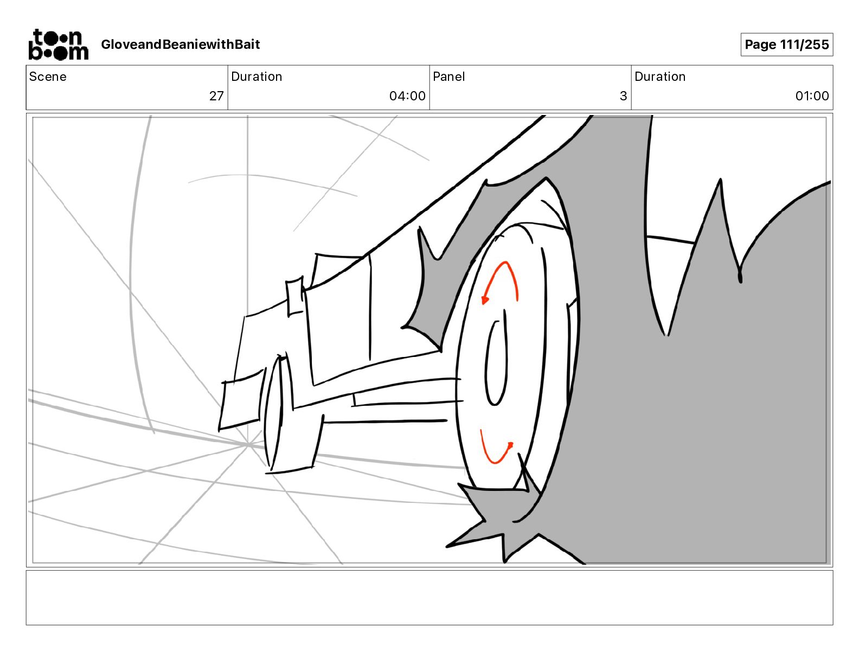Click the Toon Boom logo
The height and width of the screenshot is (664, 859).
(x=58, y=44)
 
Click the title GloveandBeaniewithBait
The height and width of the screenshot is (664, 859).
(x=180, y=44)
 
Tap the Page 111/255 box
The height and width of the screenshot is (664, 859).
(x=786, y=44)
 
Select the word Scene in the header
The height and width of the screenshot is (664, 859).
(x=48, y=76)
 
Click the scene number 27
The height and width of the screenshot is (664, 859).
(x=216, y=96)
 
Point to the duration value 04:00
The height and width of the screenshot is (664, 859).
(x=407, y=96)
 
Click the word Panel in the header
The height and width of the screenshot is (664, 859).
(x=448, y=76)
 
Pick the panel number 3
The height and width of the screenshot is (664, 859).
(x=623, y=96)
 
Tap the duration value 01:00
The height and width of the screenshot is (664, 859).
(x=812, y=96)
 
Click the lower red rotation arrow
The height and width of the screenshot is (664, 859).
(x=496, y=450)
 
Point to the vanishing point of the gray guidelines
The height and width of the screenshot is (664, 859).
(x=248, y=445)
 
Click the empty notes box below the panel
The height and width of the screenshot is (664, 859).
(x=429, y=597)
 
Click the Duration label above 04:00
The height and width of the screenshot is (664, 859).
(x=257, y=76)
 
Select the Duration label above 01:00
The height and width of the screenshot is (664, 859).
(x=660, y=76)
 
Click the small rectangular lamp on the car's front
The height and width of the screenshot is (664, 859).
(x=295, y=296)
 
